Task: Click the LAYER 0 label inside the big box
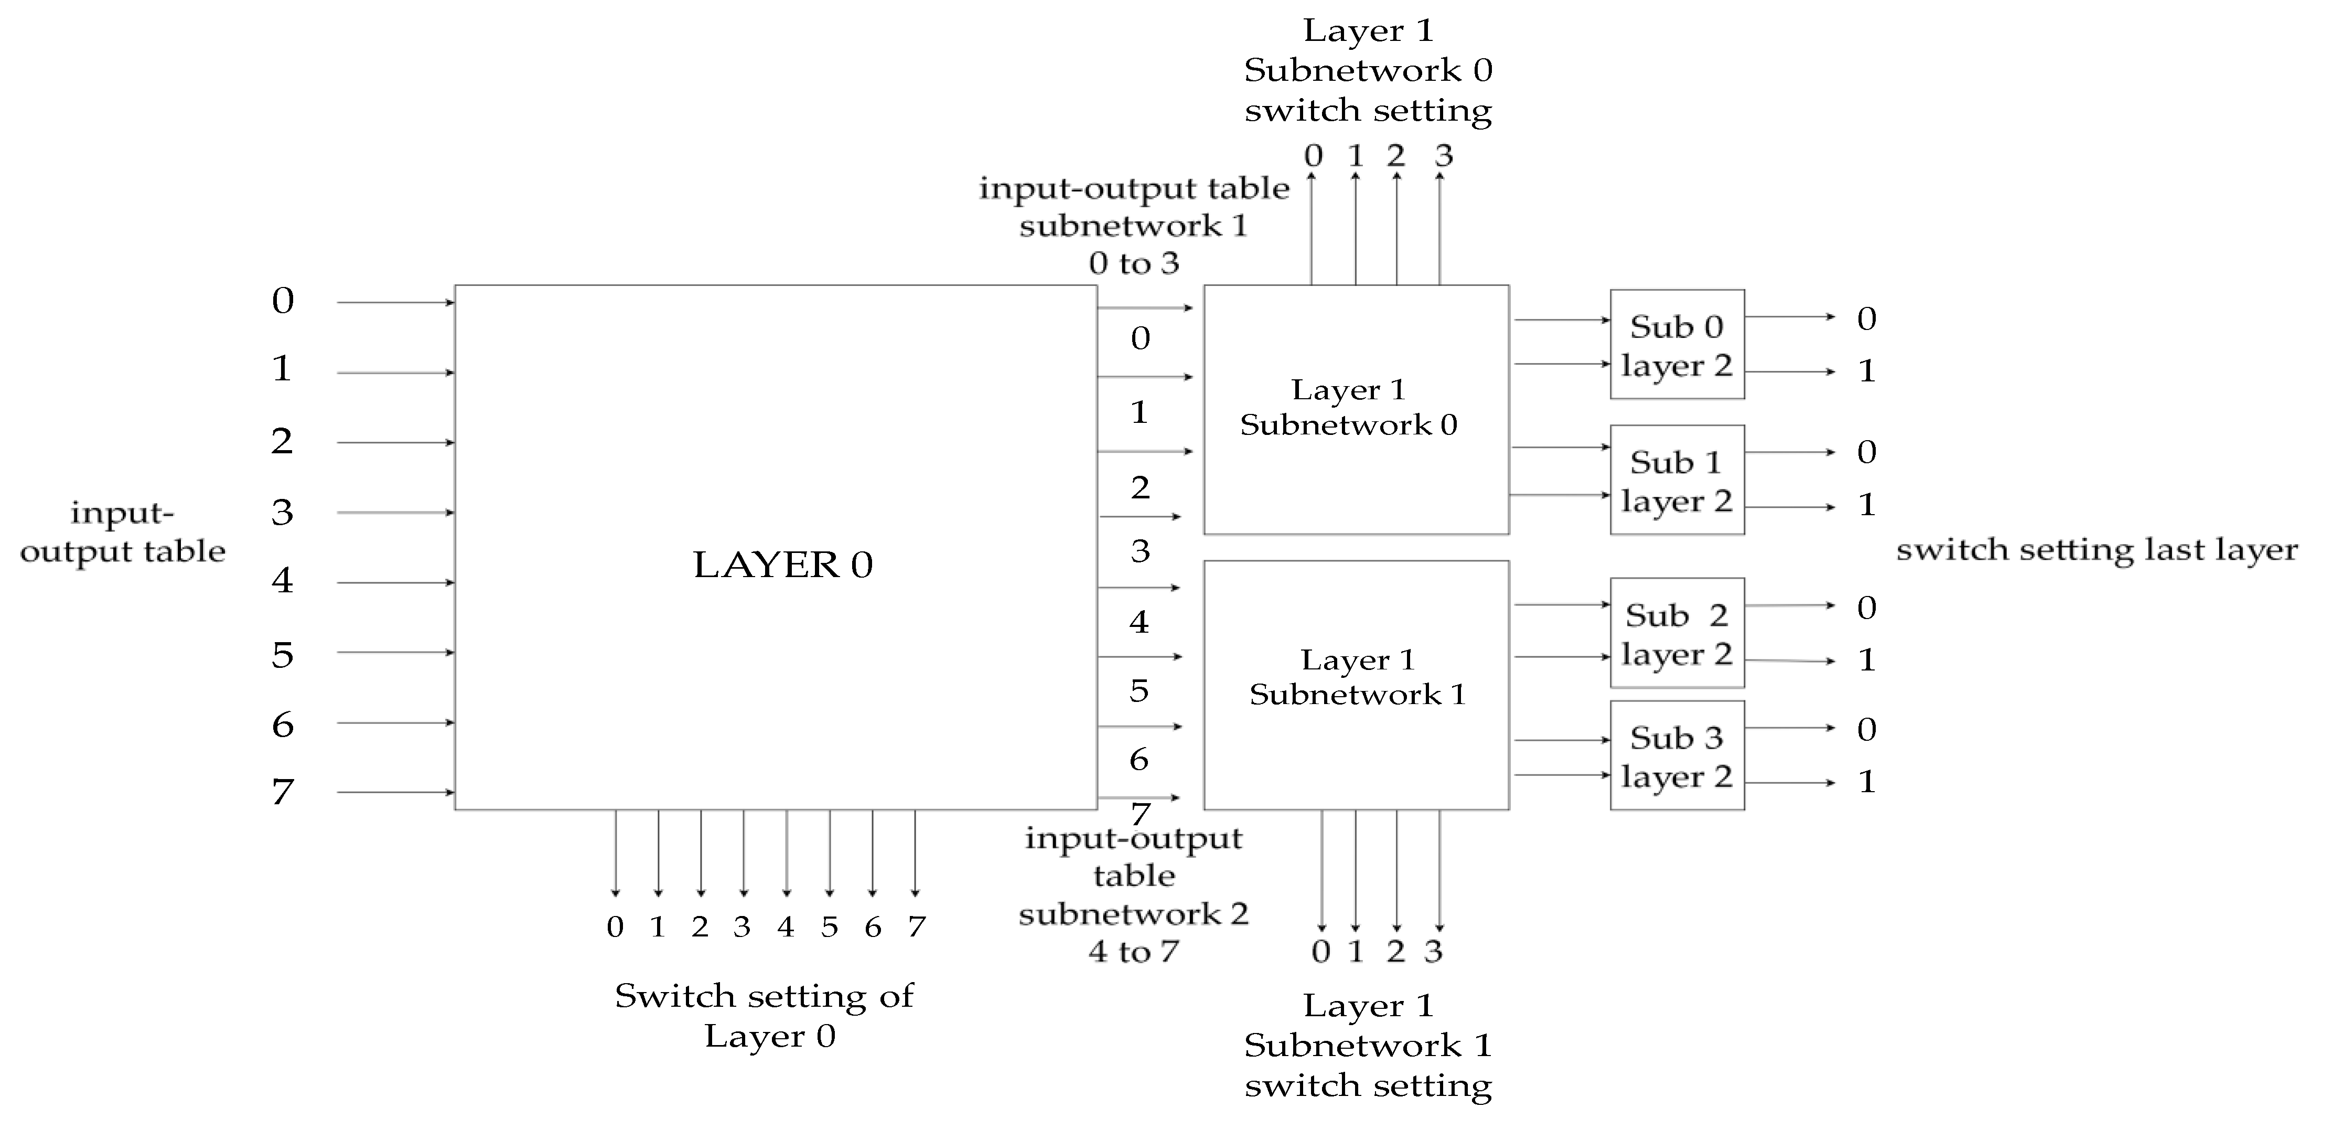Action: pos(782,565)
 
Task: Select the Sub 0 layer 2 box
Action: pos(1677,345)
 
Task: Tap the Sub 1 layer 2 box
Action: pos(1677,481)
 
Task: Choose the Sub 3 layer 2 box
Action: pos(1677,756)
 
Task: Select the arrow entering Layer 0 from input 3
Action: pos(395,513)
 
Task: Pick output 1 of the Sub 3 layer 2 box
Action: pos(1867,781)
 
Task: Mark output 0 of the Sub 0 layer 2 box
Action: pos(1867,318)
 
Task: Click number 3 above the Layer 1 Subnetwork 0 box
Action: pos(1443,156)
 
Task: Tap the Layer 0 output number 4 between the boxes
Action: pos(1139,622)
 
